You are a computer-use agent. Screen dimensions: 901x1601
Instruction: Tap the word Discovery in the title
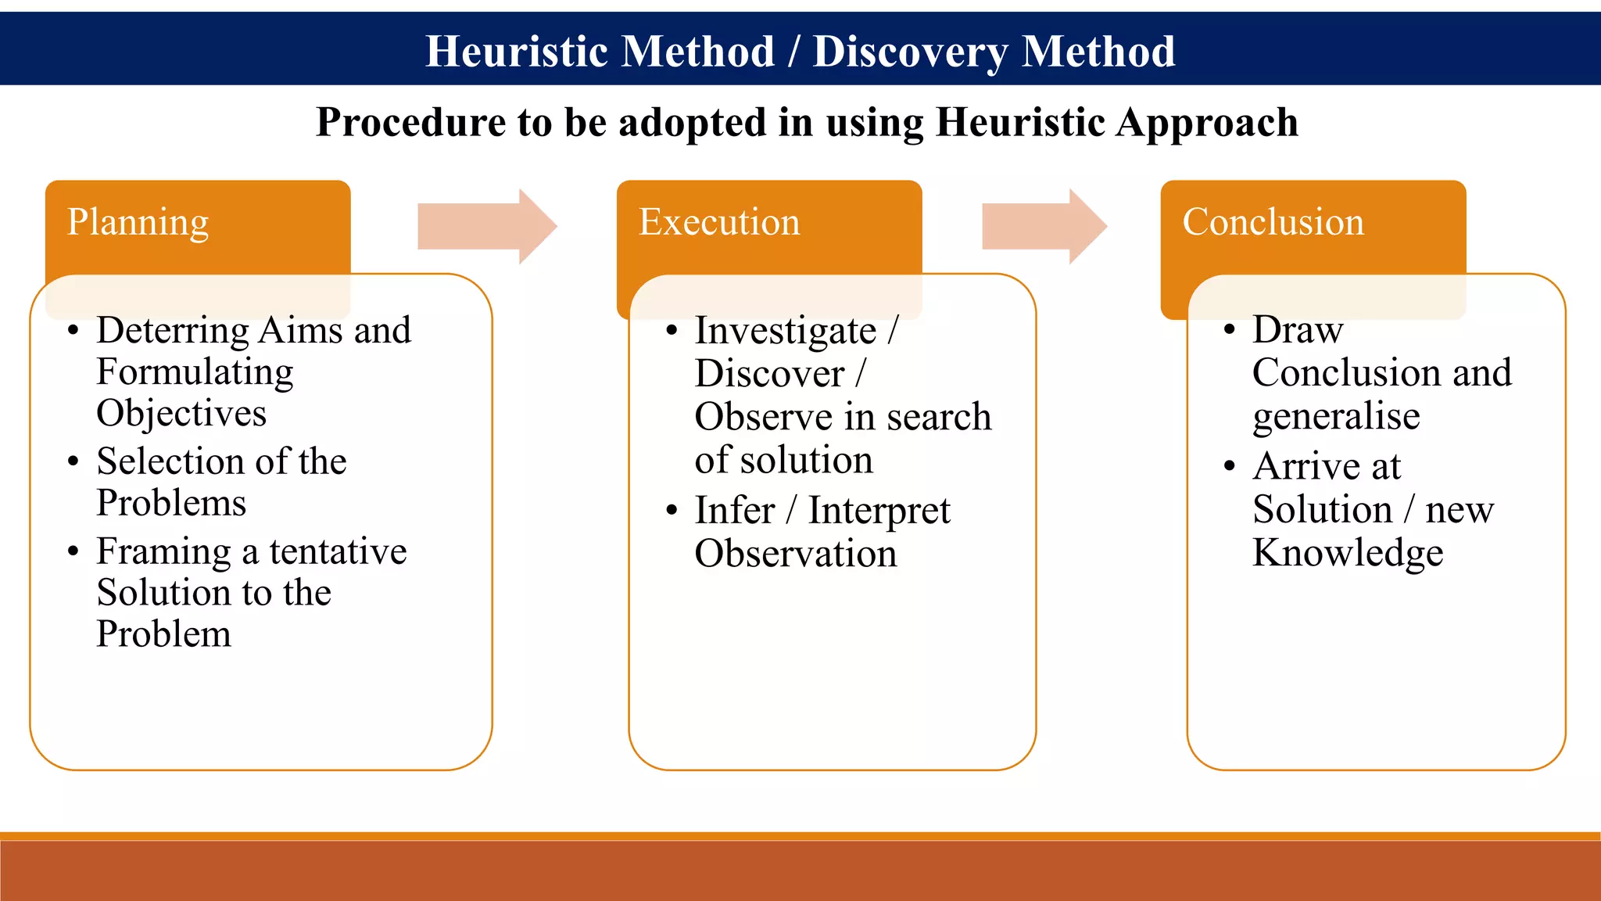coord(911,52)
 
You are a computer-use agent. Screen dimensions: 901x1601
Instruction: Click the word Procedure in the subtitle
coord(410,123)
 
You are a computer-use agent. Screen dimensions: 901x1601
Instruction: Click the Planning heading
coord(138,222)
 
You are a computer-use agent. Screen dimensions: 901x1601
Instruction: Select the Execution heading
coord(719,222)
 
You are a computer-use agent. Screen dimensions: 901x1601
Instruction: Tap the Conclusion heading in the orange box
coord(1273,222)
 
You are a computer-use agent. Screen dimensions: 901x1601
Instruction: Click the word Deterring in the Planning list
coord(173,331)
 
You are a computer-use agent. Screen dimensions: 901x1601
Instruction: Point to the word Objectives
coord(181,414)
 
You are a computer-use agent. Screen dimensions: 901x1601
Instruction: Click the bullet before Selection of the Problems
coord(73,461)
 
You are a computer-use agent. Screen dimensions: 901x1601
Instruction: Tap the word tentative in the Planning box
coord(338,551)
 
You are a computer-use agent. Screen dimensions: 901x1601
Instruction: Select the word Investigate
coord(786,331)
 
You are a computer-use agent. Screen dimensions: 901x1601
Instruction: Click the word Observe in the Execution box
coord(761,417)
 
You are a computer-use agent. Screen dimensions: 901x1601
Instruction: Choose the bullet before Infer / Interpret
coord(672,511)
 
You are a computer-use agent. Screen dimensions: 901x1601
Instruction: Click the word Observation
coord(796,554)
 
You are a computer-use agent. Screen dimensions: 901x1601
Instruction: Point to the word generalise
coord(1336,416)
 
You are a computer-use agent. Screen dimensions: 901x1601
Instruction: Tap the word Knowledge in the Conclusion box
coord(1348,553)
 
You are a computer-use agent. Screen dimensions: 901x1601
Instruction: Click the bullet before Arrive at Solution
coord(1230,467)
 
